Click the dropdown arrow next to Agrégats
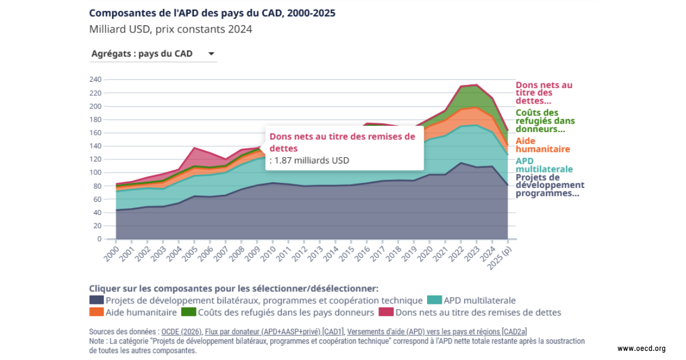(211, 54)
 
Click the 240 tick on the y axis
(95, 79)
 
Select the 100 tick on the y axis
(95, 173)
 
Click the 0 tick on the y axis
(99, 239)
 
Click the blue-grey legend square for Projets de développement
(96, 300)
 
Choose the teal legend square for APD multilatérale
(434, 300)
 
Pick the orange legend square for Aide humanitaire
(96, 313)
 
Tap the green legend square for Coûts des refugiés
(188, 313)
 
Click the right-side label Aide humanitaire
(543, 145)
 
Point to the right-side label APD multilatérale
(544, 165)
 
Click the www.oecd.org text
(641, 349)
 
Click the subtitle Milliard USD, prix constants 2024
(170, 29)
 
